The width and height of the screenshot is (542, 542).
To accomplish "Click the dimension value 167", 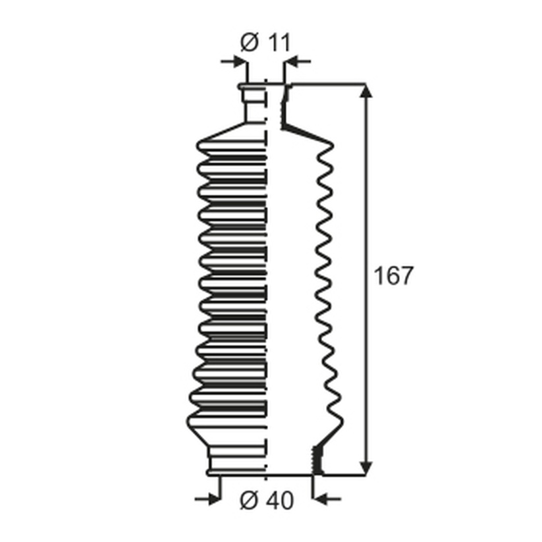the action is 394,276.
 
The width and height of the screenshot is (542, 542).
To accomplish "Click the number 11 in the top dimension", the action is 279,43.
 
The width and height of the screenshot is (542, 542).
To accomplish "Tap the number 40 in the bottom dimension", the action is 281,500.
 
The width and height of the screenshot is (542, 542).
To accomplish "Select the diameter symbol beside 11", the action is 249,43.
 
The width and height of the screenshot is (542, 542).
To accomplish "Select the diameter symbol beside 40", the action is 249,500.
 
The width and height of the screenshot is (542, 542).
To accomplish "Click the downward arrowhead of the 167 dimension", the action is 366,468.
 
